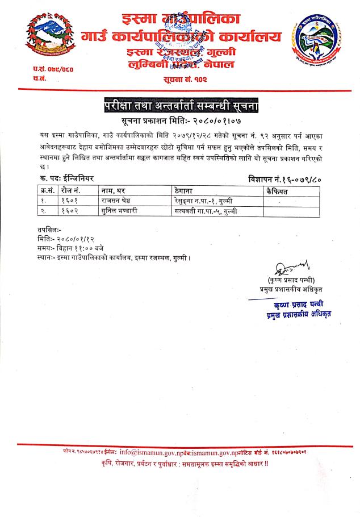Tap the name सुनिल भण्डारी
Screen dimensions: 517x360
tap(122, 211)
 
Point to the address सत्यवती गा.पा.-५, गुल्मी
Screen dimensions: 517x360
tap(208, 211)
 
